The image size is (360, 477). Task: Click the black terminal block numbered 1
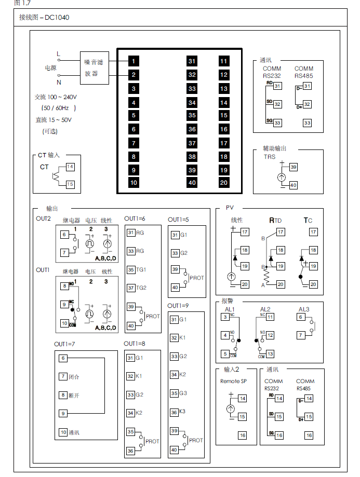tap(134, 61)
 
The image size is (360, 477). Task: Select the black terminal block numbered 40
tap(192, 182)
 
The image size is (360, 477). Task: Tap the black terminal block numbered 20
tap(224, 182)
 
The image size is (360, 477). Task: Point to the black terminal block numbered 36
tap(192, 129)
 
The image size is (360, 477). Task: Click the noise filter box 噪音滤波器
tap(94, 68)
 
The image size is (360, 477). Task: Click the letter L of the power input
tap(58, 54)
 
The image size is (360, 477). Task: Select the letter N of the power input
tap(58, 82)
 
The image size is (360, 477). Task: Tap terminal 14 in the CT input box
tap(70, 167)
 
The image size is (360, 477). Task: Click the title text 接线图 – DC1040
tap(44, 18)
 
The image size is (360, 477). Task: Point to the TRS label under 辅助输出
tap(270, 157)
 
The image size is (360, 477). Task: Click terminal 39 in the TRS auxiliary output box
tap(294, 167)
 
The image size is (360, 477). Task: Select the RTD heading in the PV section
tap(276, 220)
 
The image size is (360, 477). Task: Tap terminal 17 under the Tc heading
tap(313, 232)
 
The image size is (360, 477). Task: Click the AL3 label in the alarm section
tap(304, 309)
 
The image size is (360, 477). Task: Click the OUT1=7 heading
tap(65, 344)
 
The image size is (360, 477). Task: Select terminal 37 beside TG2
tap(131, 288)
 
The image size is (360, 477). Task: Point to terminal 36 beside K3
tap(174, 412)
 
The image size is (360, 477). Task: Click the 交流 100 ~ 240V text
tap(56, 97)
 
